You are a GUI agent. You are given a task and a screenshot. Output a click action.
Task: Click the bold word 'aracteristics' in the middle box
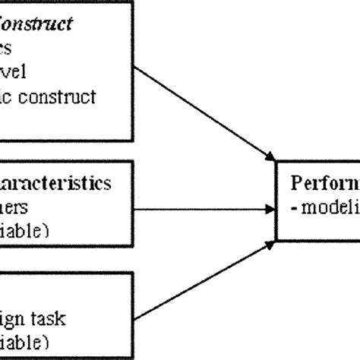click(x=56, y=183)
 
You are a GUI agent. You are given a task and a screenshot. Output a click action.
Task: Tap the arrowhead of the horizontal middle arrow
click(x=270, y=207)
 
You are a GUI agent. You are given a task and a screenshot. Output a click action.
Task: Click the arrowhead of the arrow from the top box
click(x=269, y=157)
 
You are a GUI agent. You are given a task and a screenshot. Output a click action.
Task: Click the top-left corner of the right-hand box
click(x=276, y=162)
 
